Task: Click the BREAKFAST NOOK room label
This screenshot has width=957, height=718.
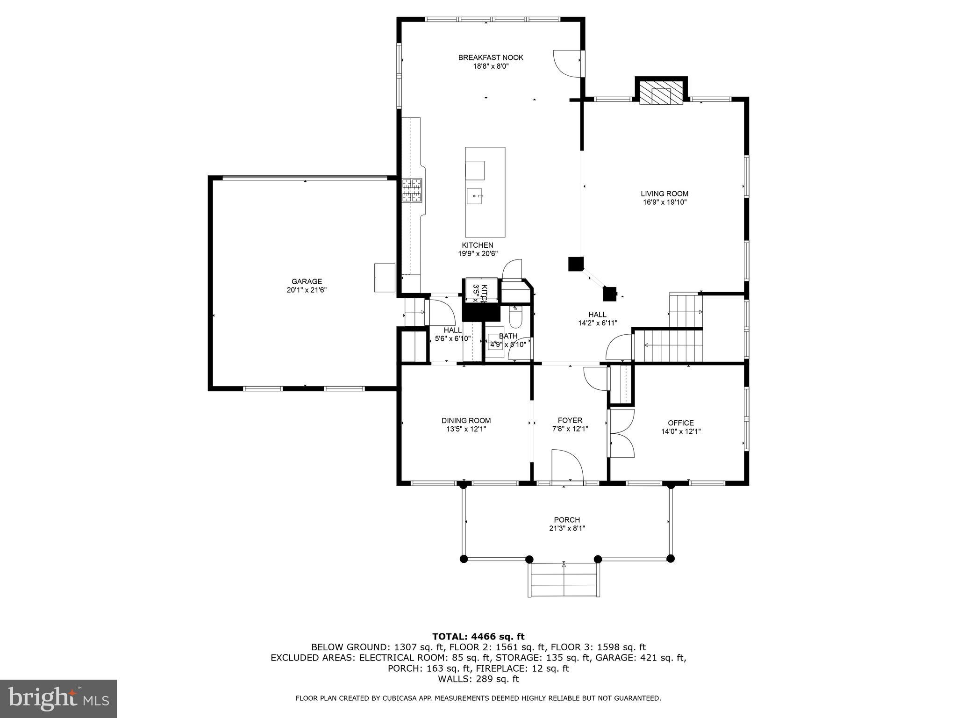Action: click(491, 57)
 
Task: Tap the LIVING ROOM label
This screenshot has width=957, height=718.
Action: click(664, 194)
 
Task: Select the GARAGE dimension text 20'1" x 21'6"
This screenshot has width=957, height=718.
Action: click(307, 290)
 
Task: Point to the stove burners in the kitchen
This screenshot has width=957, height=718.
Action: click(412, 190)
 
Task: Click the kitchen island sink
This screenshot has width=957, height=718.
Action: click(475, 196)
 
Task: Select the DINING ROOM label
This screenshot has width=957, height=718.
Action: click(466, 420)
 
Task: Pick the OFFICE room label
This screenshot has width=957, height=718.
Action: click(680, 423)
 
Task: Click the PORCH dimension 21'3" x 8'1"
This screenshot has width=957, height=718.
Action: click(567, 528)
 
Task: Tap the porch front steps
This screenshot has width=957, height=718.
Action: click(564, 580)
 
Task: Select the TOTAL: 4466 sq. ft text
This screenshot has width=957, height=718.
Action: click(478, 636)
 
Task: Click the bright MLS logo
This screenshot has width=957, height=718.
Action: click(58, 698)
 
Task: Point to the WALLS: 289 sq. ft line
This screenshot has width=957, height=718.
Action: click(478, 679)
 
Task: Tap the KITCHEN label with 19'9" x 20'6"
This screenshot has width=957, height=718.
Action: click(477, 249)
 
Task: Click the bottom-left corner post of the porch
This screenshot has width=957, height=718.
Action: click(464, 559)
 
